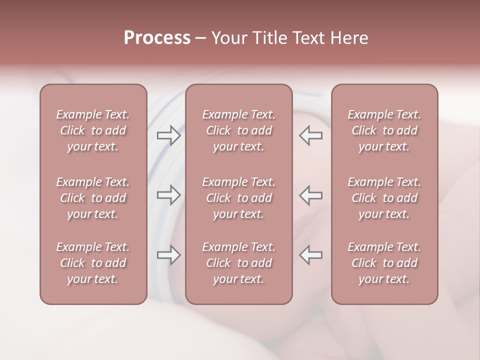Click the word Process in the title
pos(157,38)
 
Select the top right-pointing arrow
pos(169,135)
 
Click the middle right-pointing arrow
pos(169,195)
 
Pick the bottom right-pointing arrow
pos(169,255)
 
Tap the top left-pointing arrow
pos(311,135)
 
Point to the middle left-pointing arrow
pos(311,195)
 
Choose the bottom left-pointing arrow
pos(311,255)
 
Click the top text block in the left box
pos(93,130)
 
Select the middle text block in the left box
pos(93,198)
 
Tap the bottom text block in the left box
pos(93,263)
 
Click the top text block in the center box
pos(238,130)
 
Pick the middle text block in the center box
pos(238,198)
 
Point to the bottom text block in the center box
pos(238,263)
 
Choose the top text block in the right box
pos(384,130)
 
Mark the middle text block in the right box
pos(384,198)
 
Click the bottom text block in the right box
pos(384,263)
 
